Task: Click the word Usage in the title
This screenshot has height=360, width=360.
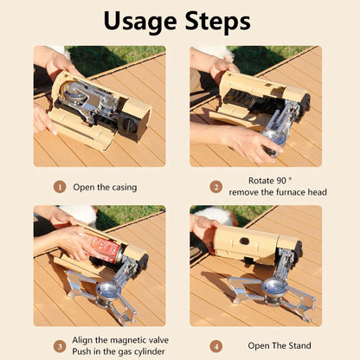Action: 140,21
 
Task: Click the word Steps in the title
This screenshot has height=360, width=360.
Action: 219,21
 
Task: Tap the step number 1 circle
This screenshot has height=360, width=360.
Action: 59,186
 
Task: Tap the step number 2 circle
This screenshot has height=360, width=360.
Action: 216,186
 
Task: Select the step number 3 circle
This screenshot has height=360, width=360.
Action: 59,346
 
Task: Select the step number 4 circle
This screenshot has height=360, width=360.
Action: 216,346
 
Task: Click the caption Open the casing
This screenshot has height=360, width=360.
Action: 106,187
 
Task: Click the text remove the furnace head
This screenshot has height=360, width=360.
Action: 271,193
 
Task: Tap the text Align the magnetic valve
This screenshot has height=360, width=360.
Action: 116,340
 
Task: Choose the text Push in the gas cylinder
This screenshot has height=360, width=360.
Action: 115,352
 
